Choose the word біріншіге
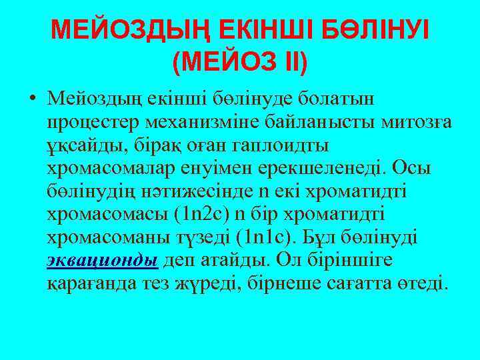(347, 260)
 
